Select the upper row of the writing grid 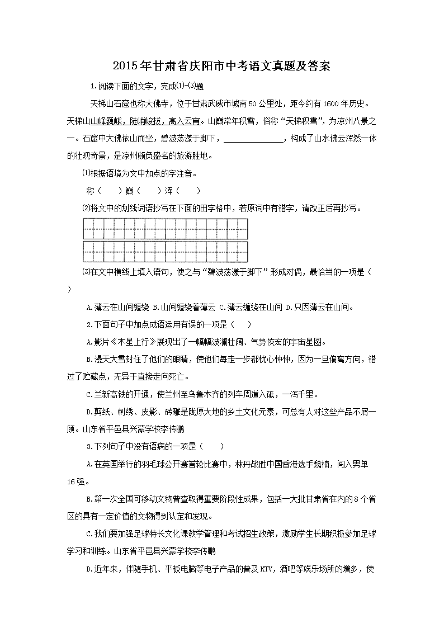[166, 229]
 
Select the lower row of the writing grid [166, 251]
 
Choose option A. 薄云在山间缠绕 [119, 307]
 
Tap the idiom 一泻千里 [300, 394]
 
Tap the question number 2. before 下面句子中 [89, 324]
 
